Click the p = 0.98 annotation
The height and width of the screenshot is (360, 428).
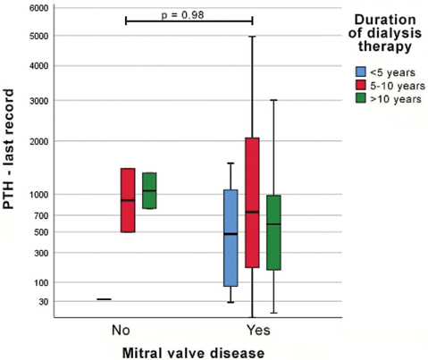click(x=182, y=14)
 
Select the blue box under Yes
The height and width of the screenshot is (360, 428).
click(x=231, y=238)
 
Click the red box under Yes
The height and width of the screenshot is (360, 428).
click(x=252, y=203)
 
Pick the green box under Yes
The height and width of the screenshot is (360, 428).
click(x=273, y=232)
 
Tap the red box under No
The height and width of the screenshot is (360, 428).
click(x=128, y=200)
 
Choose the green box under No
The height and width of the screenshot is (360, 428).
click(x=149, y=190)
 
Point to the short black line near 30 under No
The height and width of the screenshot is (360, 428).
click(x=104, y=299)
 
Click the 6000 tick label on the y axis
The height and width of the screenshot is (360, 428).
click(x=38, y=8)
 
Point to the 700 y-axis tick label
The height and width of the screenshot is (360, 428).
click(x=41, y=215)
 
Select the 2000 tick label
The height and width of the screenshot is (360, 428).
click(x=38, y=141)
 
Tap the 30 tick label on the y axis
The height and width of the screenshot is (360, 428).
click(x=44, y=302)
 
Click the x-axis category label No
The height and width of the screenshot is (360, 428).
click(x=121, y=331)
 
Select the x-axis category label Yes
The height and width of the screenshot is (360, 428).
click(x=258, y=331)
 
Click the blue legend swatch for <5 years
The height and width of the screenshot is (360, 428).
click(x=361, y=71)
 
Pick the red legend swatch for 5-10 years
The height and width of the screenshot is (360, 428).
click(x=361, y=85)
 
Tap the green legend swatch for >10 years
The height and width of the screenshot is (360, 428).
click(x=361, y=98)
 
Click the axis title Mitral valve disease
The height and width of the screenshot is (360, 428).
click(x=193, y=353)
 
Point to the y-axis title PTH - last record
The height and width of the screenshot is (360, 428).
click(x=8, y=149)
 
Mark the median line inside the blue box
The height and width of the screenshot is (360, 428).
click(x=231, y=234)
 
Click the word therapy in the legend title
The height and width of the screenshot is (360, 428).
click(x=385, y=46)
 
